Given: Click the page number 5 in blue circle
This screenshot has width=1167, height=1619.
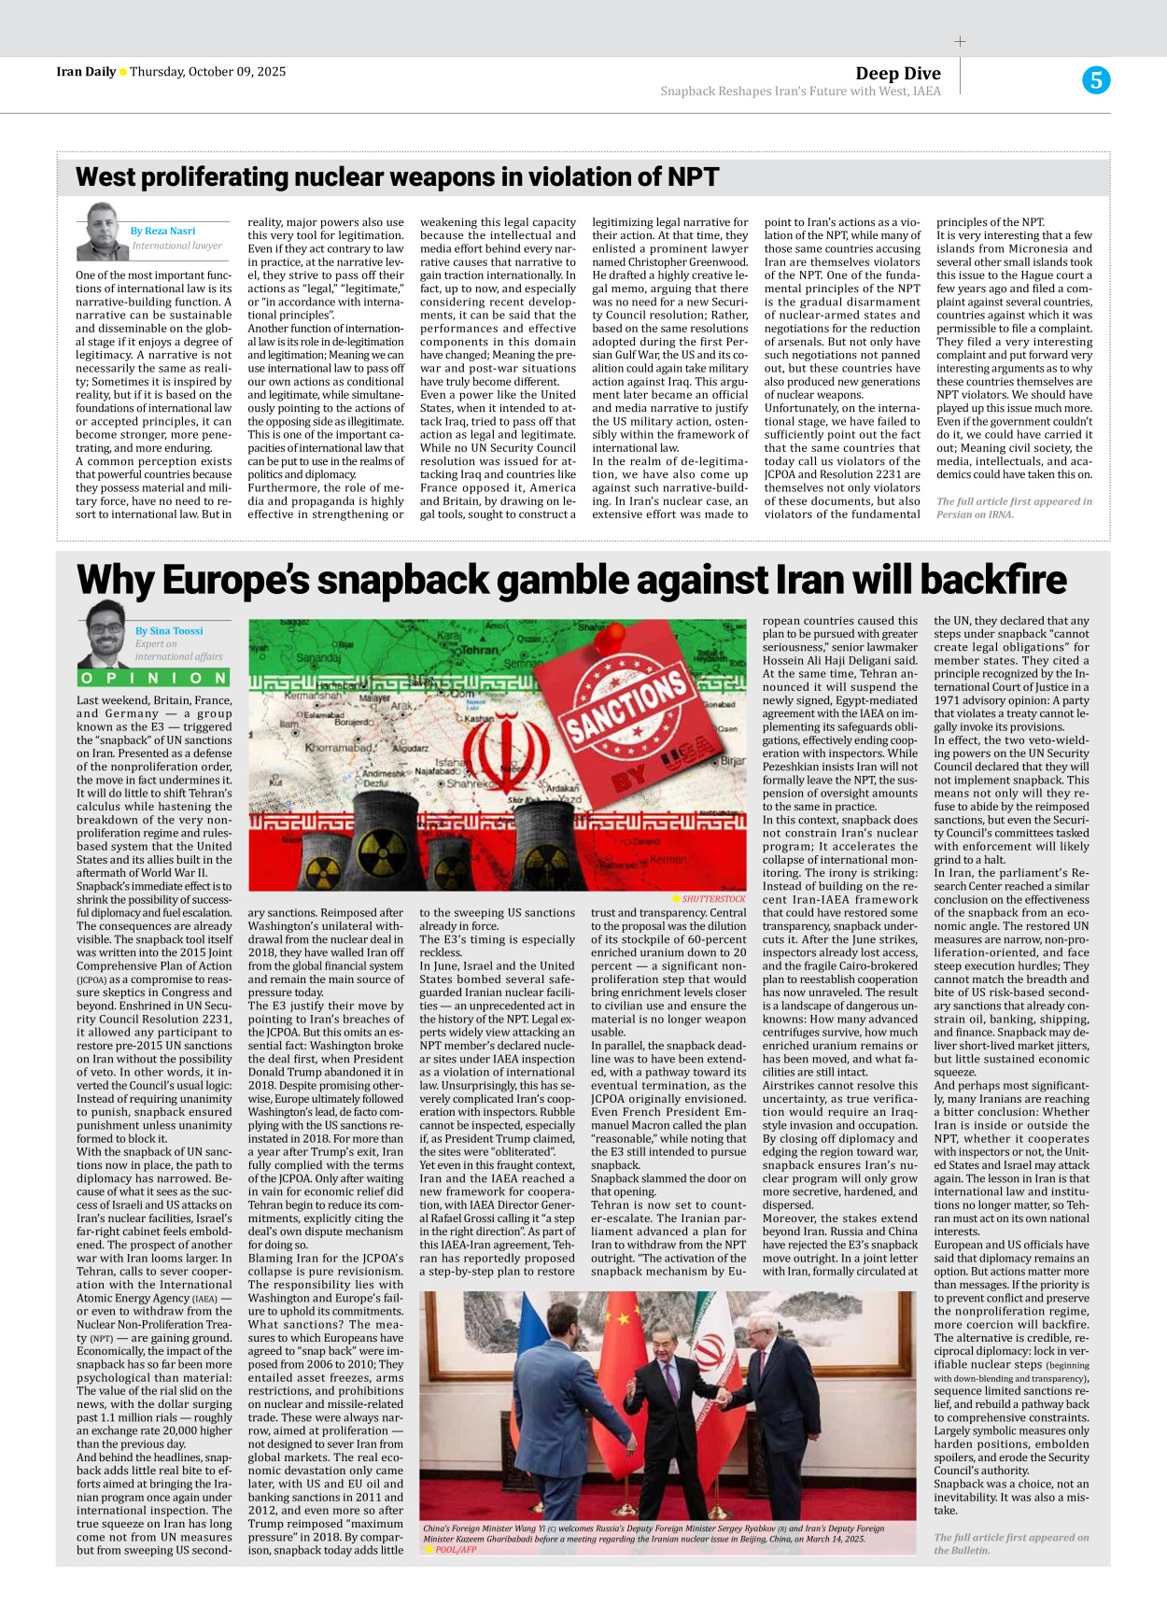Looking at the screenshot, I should pos(1095,80).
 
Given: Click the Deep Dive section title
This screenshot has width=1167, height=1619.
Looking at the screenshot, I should pos(897,73).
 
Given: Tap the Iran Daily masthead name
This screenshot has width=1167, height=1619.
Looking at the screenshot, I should pos(86,72).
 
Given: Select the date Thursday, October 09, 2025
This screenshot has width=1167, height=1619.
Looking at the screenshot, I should pos(207,72).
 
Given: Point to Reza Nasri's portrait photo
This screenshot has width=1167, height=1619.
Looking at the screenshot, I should pos(101,232).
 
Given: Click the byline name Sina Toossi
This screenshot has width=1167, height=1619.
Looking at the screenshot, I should pos(169,630).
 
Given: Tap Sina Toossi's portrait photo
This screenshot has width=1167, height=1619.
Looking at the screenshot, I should pos(105,633).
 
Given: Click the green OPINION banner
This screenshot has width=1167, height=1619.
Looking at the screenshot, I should pos(154,678).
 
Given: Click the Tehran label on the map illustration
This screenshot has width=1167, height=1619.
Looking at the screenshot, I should pos(480,649).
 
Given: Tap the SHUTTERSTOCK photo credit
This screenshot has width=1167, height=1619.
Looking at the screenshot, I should pos(713,899).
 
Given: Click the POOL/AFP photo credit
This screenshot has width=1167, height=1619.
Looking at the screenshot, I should pos(455,1549).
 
